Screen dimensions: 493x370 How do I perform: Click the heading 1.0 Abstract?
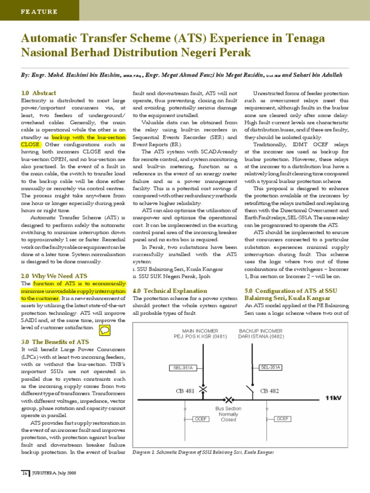39,93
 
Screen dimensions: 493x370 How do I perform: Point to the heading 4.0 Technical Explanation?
170,291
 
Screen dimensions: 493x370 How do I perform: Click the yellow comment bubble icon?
105,330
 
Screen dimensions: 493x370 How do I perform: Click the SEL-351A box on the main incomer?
183,368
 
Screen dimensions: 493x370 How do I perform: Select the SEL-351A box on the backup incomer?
270,367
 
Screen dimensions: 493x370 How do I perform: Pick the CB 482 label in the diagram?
269,391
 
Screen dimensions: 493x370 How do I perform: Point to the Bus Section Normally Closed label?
228,414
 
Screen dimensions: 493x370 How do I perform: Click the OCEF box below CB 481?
200,419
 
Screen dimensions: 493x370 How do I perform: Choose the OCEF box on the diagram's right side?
283,419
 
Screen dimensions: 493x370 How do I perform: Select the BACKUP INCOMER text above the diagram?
261,331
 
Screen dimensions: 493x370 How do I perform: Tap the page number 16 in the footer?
24,473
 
